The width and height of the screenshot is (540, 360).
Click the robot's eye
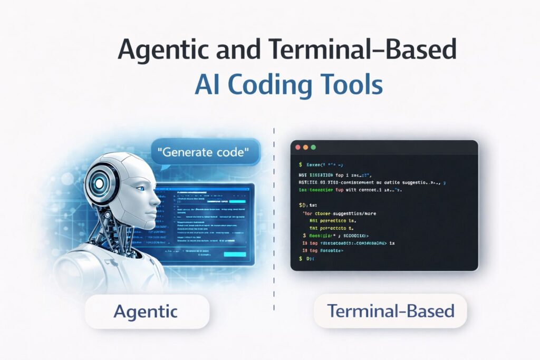coord(141,188)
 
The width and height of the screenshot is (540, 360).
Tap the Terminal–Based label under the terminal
coord(390,311)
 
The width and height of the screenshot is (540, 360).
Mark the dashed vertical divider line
coord(274,221)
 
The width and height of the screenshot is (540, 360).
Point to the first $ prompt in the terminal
coord(300,164)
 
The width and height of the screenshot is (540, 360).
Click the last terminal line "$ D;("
coord(307,259)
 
